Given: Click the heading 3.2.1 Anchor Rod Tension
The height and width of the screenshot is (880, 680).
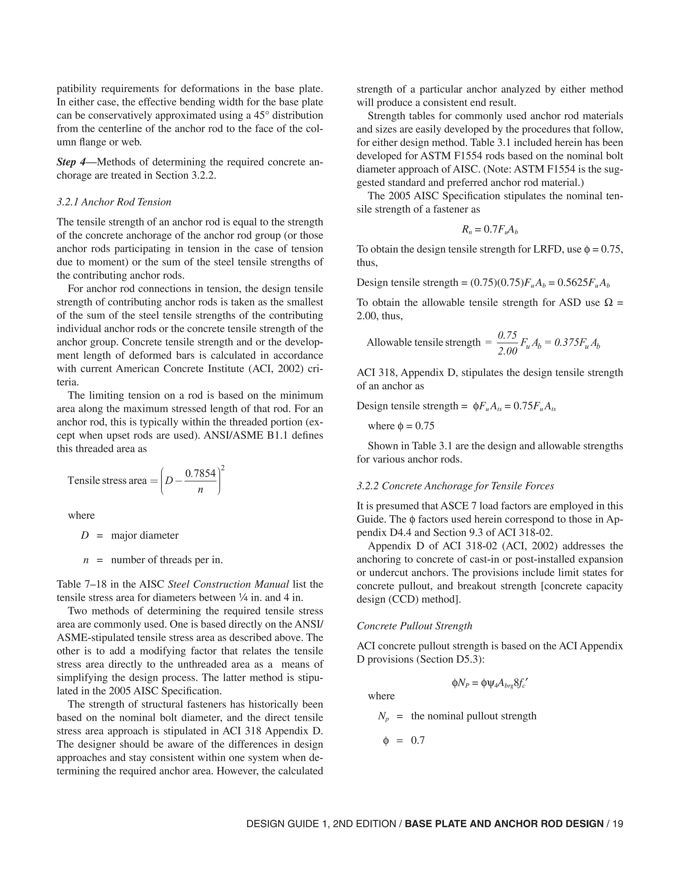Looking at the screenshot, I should click(x=114, y=202).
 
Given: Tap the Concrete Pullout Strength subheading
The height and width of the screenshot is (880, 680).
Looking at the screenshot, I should click(x=414, y=626).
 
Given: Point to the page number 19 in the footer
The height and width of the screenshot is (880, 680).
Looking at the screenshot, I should click(x=618, y=824).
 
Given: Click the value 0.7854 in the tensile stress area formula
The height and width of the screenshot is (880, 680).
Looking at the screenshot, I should click(x=200, y=474).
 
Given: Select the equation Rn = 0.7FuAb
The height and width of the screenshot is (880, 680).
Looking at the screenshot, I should click(x=489, y=230).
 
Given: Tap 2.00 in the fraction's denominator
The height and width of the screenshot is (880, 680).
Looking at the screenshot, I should click(x=507, y=351).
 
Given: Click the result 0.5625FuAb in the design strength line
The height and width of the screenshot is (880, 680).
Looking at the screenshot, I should click(x=583, y=283).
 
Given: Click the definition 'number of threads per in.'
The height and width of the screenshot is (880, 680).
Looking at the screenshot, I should click(x=167, y=560).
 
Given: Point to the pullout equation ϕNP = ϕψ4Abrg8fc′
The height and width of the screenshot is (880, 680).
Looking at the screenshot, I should click(x=489, y=683).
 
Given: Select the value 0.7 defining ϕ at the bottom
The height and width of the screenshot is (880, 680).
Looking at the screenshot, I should click(x=418, y=741).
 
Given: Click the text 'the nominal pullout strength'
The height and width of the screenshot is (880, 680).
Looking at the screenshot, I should click(x=474, y=716).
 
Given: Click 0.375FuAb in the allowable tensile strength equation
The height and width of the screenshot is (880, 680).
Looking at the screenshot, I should click(x=577, y=342).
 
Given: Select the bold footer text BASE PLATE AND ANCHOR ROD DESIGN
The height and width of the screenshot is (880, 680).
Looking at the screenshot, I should click(x=504, y=824).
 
